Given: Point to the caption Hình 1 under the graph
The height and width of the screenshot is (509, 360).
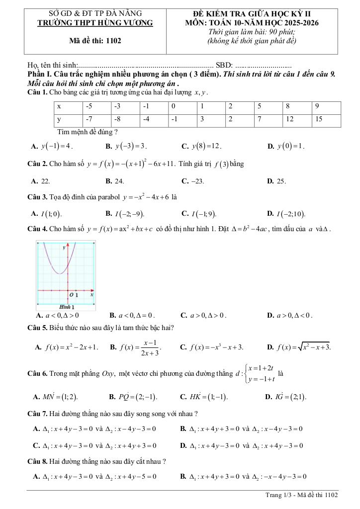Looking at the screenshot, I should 63,307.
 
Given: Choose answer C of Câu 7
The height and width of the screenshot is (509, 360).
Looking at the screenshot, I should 94,445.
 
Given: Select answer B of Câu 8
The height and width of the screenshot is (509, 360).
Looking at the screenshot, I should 242,476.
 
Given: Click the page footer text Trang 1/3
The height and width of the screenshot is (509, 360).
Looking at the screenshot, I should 302,495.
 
